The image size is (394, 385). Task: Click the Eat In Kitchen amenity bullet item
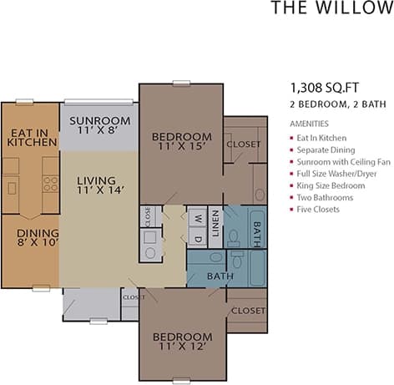click(321, 137)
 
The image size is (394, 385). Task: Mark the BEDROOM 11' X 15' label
click(181, 142)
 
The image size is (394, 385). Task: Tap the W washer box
click(197, 220)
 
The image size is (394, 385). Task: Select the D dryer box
click(197, 238)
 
